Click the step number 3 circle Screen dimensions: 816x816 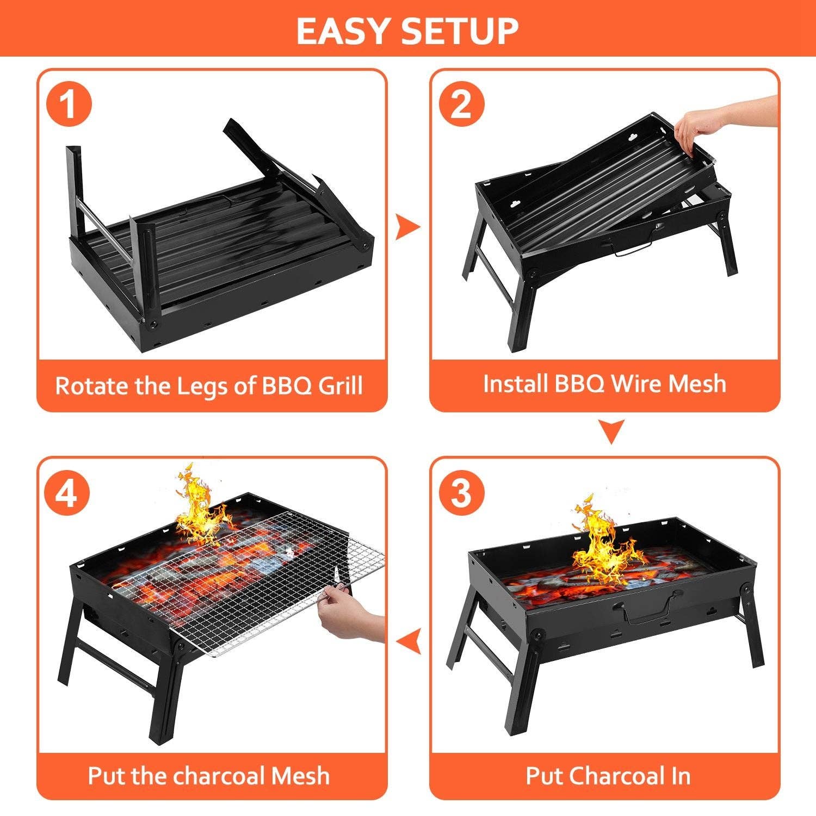pos(462,492)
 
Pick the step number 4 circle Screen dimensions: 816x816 pos(69,492)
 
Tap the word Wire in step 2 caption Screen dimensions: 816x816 pos(636,384)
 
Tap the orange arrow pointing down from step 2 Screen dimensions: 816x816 pos(611,431)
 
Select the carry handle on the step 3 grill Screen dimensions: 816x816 pos(647,609)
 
